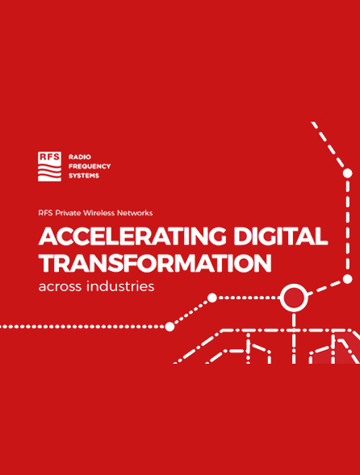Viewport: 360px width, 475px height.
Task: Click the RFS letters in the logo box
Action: coord(49,157)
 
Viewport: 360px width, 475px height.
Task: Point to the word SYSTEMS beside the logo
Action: coord(84,176)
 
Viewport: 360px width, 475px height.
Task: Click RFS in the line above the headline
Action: coord(45,213)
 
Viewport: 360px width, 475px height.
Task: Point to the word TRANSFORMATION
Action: coord(154,263)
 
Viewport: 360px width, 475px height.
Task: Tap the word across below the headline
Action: coord(60,286)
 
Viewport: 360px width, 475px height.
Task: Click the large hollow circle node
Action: coord(293,298)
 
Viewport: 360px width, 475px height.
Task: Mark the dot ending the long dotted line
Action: coord(170,327)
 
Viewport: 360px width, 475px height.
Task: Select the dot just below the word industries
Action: coord(211,298)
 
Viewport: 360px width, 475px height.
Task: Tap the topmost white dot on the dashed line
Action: coord(348,173)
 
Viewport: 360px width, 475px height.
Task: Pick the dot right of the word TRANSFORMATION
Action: coord(348,279)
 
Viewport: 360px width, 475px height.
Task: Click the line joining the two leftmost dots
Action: coord(190,312)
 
